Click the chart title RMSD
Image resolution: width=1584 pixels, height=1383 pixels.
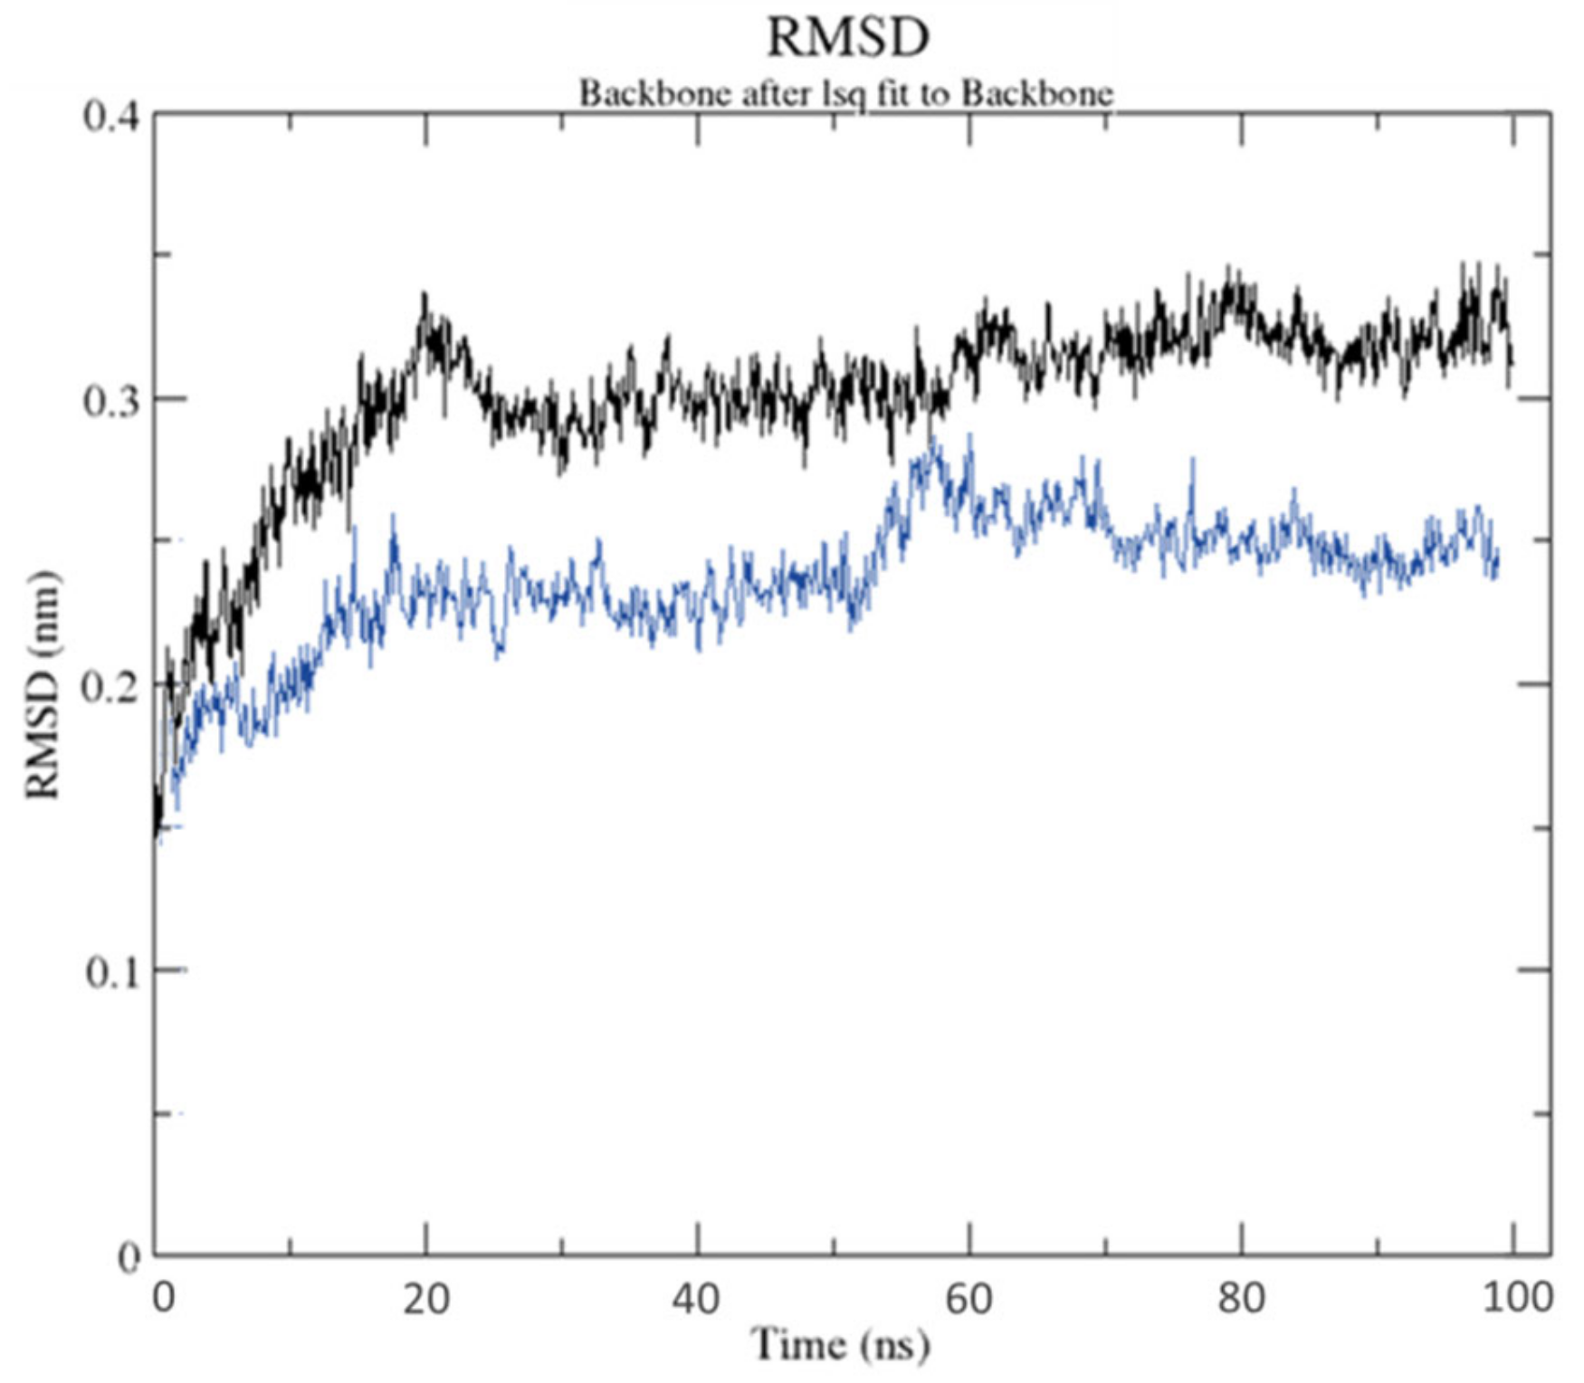tap(847, 38)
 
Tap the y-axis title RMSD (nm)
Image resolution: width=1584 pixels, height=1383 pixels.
tap(43, 685)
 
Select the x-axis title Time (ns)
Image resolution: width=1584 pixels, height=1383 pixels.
tap(841, 1344)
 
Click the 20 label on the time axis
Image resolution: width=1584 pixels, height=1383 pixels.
tap(425, 1298)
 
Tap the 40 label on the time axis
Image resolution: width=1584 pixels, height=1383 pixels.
tap(697, 1298)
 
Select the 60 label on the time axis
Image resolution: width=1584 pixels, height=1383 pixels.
tap(969, 1298)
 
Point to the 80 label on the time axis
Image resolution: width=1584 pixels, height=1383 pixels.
tap(1241, 1298)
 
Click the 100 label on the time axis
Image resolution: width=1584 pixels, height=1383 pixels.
tap(1512, 1298)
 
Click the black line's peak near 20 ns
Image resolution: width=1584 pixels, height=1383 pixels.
tap(424, 294)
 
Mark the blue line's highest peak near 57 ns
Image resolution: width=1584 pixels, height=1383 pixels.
tap(930, 438)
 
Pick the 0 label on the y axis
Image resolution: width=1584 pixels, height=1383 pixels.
tap(129, 1257)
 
